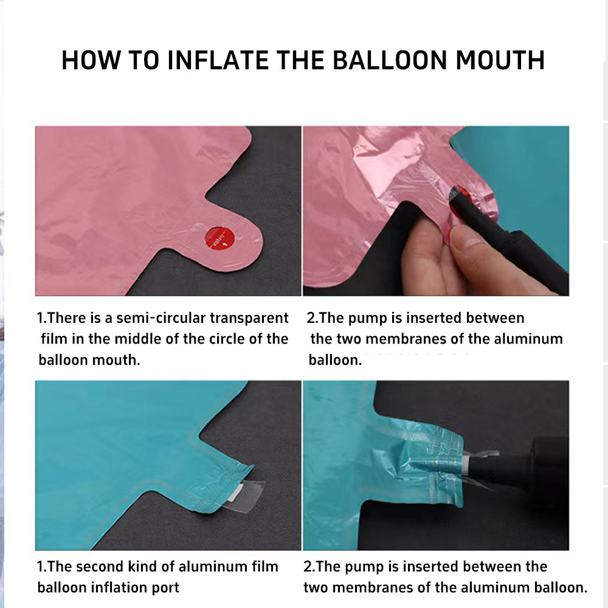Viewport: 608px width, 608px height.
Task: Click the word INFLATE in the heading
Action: point(218,60)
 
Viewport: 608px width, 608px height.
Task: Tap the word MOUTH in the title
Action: point(500,60)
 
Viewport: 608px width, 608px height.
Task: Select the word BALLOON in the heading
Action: point(390,60)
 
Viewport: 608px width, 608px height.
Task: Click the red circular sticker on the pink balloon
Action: point(219,238)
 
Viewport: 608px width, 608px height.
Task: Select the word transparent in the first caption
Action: point(249,319)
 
